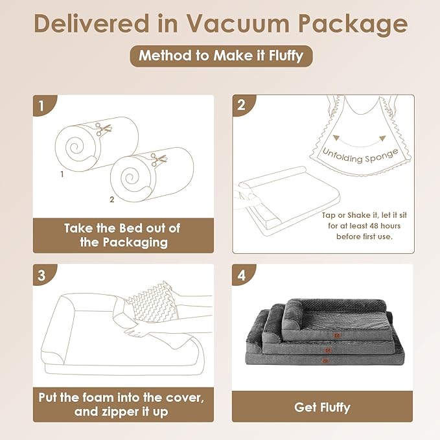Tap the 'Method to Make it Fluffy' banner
click(220, 56)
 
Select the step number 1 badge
click(41, 105)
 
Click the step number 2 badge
click(241, 105)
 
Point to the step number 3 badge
click(41, 274)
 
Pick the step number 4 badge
click(241, 274)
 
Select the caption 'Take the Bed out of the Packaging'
click(122, 235)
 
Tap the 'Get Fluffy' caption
click(322, 408)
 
